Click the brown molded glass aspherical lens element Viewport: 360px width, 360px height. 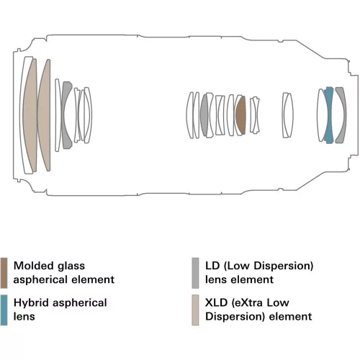point(240,115)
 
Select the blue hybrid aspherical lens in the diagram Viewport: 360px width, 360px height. point(329,115)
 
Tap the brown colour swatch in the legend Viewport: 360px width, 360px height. point(4,273)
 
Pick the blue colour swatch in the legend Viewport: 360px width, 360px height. point(4,310)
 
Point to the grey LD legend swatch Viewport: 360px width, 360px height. point(195,273)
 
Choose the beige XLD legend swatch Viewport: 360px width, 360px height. point(195,310)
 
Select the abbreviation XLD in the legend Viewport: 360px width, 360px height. point(216,302)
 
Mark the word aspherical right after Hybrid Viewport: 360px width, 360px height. point(80,303)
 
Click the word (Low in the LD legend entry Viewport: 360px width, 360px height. point(237,266)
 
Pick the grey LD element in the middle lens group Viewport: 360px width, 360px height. point(204,115)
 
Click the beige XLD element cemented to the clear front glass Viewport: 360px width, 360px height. point(31,115)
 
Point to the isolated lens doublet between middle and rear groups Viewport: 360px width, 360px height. point(287,115)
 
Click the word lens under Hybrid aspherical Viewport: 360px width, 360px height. point(24,317)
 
